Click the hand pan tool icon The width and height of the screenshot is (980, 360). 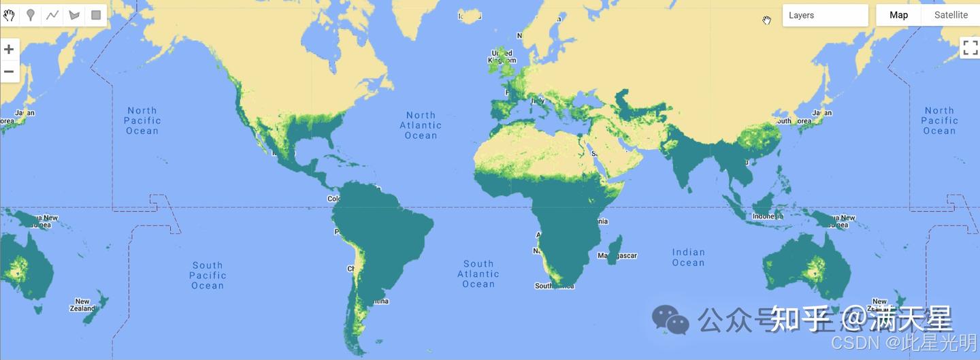click(x=10, y=15)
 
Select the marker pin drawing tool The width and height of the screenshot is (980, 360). click(x=31, y=15)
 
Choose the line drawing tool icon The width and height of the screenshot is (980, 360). click(x=52, y=15)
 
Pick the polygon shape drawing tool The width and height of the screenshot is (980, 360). click(x=74, y=15)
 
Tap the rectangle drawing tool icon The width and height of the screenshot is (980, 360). click(x=96, y=15)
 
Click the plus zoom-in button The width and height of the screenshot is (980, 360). click(x=9, y=49)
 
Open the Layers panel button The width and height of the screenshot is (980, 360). click(x=825, y=15)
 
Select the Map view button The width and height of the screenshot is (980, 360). click(x=898, y=15)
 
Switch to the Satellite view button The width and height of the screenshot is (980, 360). click(x=951, y=15)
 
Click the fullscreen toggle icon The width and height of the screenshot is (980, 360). click(x=969, y=48)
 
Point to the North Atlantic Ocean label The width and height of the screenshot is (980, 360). click(x=421, y=125)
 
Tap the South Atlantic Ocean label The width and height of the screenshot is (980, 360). click(x=478, y=274)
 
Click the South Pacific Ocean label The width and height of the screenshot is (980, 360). click(x=208, y=276)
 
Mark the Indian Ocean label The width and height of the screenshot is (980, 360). click(x=688, y=257)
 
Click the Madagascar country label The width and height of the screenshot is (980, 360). click(x=617, y=256)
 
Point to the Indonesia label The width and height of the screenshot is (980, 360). click(x=766, y=216)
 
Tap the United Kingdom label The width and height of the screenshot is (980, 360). click(x=502, y=56)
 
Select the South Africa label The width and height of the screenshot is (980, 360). click(x=554, y=286)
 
